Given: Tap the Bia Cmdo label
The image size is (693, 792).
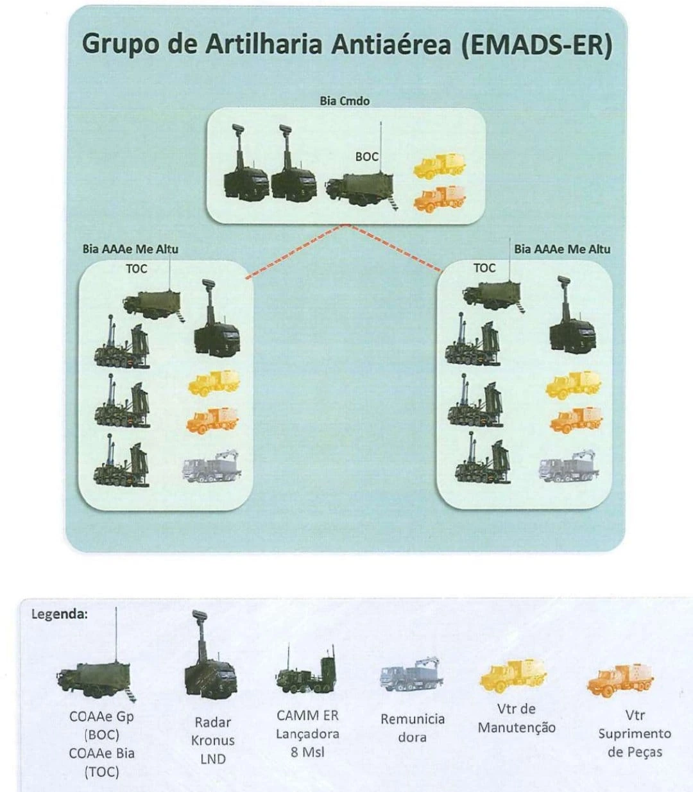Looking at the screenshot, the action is pyautogui.click(x=345, y=101).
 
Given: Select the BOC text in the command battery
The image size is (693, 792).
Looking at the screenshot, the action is pyautogui.click(x=366, y=157).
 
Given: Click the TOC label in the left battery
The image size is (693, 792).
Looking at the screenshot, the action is pyautogui.click(x=137, y=268).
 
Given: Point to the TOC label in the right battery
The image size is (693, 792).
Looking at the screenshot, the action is pyautogui.click(x=484, y=268).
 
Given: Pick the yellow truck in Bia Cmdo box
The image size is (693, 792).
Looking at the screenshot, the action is pyautogui.click(x=439, y=166).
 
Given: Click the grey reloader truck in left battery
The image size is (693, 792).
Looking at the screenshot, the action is pyautogui.click(x=211, y=466).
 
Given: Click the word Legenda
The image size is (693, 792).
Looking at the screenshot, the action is pyautogui.click(x=60, y=614).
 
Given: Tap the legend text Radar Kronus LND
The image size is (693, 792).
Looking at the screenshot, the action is pyautogui.click(x=213, y=741).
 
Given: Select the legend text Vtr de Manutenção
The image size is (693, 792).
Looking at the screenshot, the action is pyautogui.click(x=517, y=718).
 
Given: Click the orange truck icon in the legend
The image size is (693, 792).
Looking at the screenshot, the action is pyautogui.click(x=620, y=680).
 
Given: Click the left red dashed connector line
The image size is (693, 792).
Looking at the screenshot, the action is pyautogui.click(x=296, y=251).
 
